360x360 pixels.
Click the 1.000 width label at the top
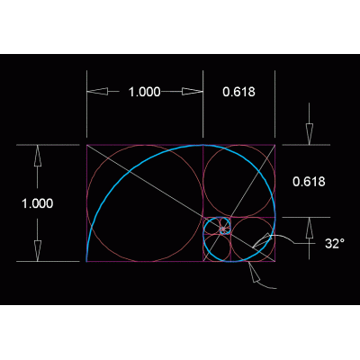[145, 92]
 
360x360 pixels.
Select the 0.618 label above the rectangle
[238, 92]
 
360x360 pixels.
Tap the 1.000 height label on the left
[38, 203]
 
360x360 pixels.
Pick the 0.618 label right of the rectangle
[309, 182]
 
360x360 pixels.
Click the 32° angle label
[335, 243]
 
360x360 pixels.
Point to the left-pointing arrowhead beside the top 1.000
[97, 92]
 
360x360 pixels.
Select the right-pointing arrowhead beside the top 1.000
[193, 92]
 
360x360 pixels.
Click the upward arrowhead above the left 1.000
[38, 156]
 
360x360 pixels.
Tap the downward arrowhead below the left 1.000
[38, 251]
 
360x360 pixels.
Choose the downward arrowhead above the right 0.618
[310, 134]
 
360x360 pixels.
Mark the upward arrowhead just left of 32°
[310, 228]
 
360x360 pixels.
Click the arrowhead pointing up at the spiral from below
[254, 272]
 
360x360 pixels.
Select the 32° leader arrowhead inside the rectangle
[262, 240]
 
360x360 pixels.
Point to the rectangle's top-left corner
[86, 145]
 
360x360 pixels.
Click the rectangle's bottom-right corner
[275, 262]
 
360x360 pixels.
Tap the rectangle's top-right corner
[275, 145]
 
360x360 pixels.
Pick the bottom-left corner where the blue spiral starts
[86, 262]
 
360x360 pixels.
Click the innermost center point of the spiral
[223, 229]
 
